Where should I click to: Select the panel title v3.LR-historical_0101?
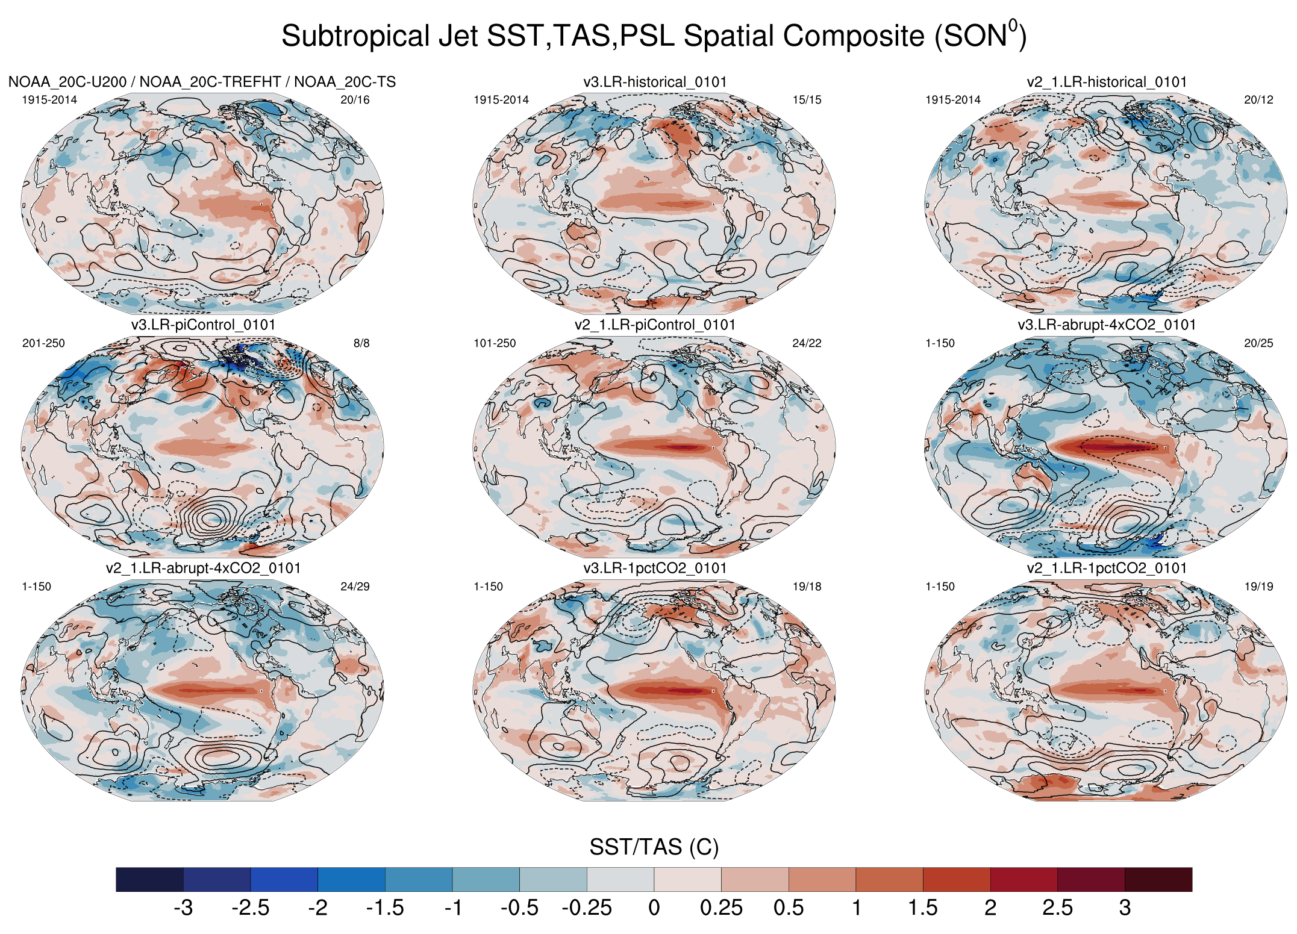point(655,82)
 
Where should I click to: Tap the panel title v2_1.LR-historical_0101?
point(1107,82)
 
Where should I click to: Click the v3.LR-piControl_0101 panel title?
point(203,325)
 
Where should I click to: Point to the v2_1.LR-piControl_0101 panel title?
point(655,325)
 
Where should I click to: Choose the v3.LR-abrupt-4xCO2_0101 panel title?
point(1107,325)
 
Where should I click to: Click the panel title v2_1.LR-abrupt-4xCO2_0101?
point(203,568)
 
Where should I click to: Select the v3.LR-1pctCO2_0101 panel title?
point(655,568)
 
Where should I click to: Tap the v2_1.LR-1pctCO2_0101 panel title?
point(1107,568)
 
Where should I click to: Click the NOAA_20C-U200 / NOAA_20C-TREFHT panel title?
point(202,82)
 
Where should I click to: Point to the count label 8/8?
point(361,343)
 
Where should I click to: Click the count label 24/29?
point(355,587)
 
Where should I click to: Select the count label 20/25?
point(1258,343)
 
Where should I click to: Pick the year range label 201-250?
point(43,343)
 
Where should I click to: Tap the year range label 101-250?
point(495,343)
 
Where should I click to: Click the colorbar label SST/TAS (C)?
point(654,847)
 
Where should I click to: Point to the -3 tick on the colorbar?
point(183,908)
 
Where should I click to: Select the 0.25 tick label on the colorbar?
point(721,908)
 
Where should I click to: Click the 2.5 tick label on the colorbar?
point(1057,908)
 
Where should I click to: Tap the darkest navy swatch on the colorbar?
point(149,879)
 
